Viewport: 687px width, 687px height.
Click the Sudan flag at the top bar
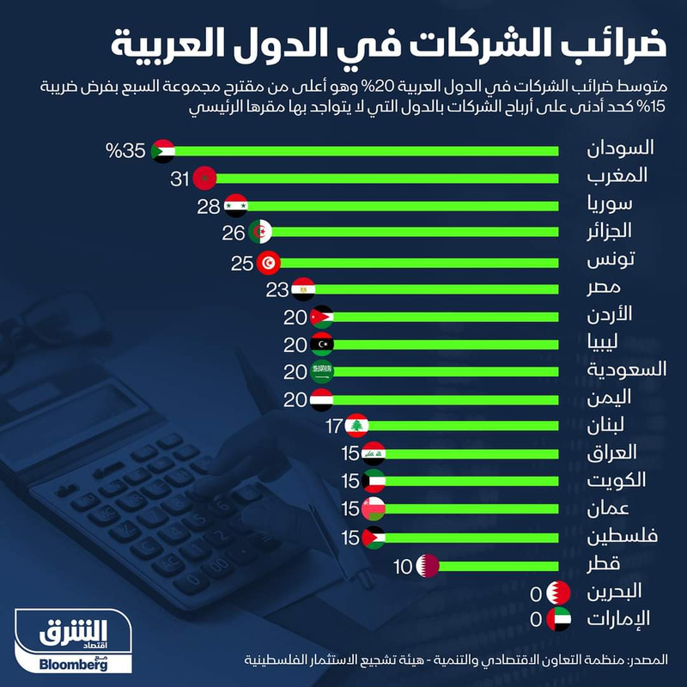pos(163,151)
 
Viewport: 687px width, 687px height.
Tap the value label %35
pos(125,152)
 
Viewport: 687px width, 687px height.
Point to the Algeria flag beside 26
pos(261,233)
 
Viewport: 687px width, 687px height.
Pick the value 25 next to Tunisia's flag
pos(241,263)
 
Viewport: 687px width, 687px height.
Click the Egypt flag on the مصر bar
pos(303,289)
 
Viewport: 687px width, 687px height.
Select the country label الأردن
pos(622,316)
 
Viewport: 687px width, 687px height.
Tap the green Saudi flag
pos(321,372)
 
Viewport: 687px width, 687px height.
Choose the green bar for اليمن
pos(447,399)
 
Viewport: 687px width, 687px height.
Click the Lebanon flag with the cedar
pos(357,426)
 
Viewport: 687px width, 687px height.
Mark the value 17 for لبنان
pos(335,426)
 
